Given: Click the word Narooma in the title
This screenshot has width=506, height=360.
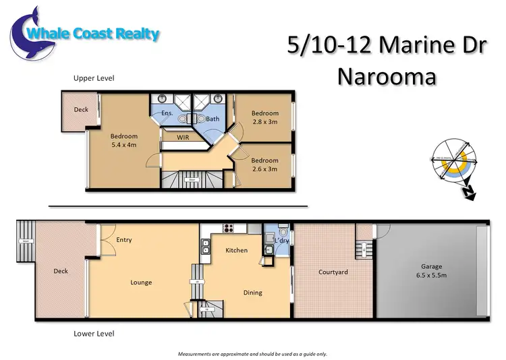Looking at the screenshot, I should [386, 76].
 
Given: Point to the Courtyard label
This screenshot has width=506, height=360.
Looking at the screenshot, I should [333, 272].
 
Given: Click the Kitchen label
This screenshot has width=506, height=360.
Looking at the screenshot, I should [236, 250].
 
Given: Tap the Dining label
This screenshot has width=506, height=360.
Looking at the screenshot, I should [252, 293].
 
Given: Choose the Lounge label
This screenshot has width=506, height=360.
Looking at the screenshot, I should [141, 282].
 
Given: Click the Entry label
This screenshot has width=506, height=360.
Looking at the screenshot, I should [124, 239].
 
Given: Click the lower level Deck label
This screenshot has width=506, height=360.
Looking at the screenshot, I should [61, 272].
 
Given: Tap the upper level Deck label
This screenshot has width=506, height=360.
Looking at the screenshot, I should [81, 109].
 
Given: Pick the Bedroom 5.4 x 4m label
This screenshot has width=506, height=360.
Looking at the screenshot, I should [124, 140].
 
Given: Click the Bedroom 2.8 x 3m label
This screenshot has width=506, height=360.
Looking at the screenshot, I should [264, 117].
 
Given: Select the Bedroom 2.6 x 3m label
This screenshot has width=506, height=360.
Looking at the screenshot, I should [264, 164].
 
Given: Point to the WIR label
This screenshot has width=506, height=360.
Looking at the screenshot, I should [182, 137].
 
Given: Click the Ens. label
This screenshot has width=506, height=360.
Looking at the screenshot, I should [167, 113].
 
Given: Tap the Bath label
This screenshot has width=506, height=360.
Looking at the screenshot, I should [213, 119].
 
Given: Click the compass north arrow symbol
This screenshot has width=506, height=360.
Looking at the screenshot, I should [465, 193].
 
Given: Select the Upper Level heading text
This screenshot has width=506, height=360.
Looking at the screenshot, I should [94, 79].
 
